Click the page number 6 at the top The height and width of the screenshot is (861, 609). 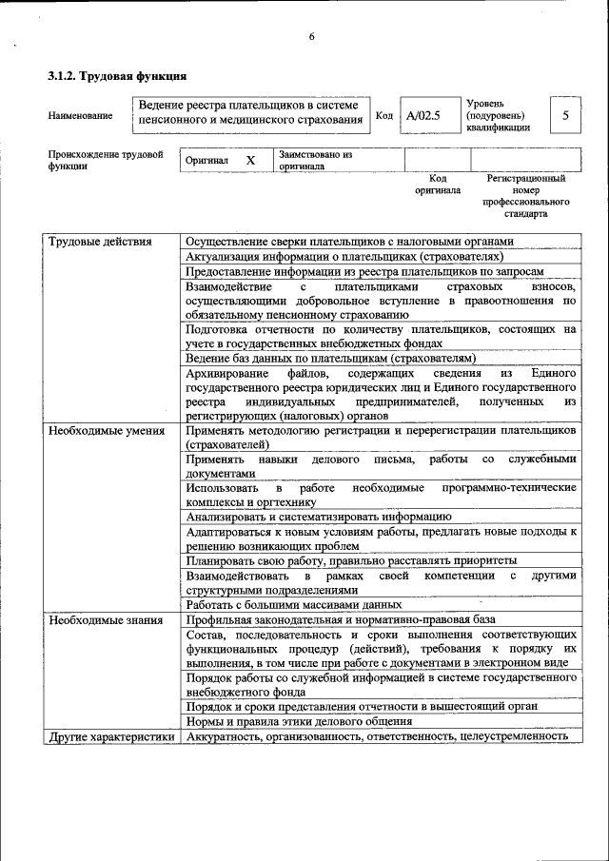pyautogui.click(x=311, y=37)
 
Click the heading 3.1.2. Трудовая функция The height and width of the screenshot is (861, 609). pyautogui.click(x=116, y=75)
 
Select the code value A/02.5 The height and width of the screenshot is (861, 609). pyautogui.click(x=422, y=116)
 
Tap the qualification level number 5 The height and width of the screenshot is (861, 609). pyautogui.click(x=565, y=115)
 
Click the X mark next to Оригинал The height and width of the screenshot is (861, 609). pyautogui.click(x=250, y=161)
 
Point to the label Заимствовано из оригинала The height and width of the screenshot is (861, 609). pyautogui.click(x=315, y=160)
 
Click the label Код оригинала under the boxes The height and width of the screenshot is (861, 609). pyautogui.click(x=437, y=184)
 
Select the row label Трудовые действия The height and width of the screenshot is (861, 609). pyautogui.click(x=100, y=242)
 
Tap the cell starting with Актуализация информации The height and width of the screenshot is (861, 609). pyautogui.click(x=344, y=256)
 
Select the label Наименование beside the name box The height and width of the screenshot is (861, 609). pyautogui.click(x=80, y=116)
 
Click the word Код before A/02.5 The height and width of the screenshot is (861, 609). pyautogui.click(x=384, y=115)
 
